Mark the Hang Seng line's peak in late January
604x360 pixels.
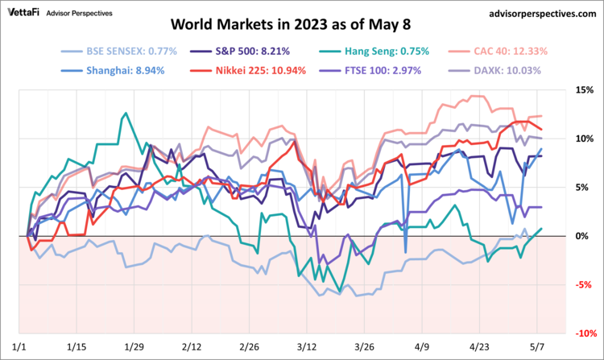125,114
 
